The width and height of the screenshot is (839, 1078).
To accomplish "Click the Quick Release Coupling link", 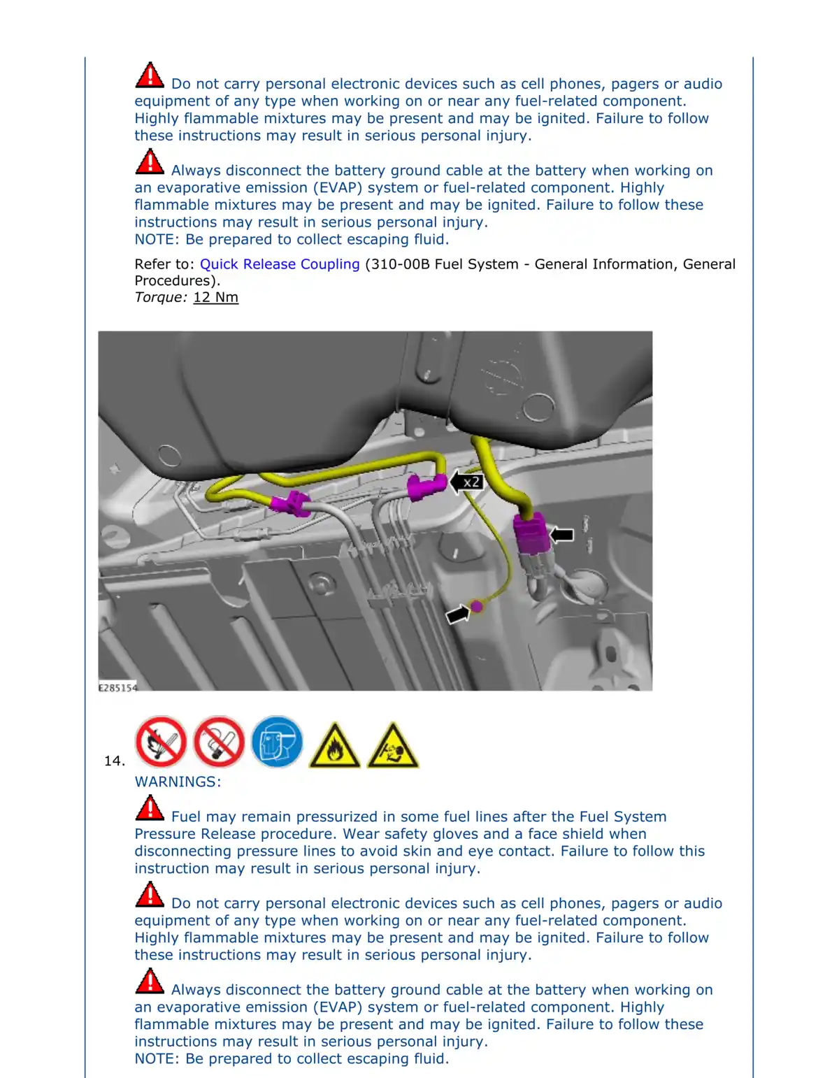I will [x=280, y=264].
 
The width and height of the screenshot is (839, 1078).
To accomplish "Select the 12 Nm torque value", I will [x=215, y=297].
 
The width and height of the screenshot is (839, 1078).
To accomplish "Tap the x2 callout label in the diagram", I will [x=471, y=482].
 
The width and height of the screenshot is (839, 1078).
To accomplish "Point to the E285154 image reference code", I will [x=117, y=687].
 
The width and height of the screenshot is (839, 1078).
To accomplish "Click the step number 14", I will [x=114, y=761].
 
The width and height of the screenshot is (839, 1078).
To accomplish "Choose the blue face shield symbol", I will [x=277, y=742].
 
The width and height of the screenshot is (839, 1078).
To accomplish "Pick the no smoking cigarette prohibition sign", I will [x=219, y=742].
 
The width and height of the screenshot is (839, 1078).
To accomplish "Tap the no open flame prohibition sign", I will [x=161, y=742].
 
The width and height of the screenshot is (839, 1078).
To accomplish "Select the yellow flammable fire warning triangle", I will [x=335, y=747].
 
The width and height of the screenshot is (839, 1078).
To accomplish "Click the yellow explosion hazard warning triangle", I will [x=393, y=747].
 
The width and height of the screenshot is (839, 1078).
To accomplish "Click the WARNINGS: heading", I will [x=178, y=782].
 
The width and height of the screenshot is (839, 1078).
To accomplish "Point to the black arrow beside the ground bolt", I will [x=457, y=614].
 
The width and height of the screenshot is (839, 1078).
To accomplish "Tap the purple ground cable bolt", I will [x=476, y=606].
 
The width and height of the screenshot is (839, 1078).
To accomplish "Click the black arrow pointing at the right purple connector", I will [x=561, y=535].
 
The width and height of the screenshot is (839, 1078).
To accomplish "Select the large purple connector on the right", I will [x=531, y=533].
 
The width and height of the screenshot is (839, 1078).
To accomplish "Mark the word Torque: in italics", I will [x=161, y=297].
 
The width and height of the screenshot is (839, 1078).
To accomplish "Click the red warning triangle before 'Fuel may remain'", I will [x=150, y=808].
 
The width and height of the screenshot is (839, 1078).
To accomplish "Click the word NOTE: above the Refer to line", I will [x=157, y=239].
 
